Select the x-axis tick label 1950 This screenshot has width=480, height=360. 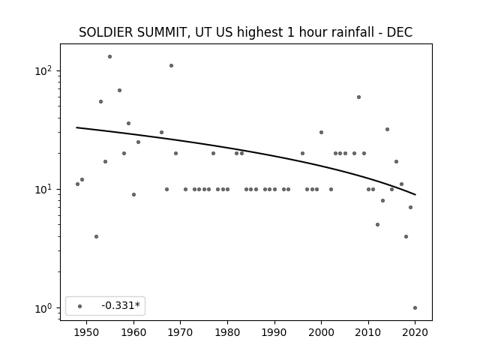tap(87, 332)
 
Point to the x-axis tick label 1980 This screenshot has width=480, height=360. tap(227, 332)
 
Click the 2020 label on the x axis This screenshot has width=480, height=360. tap(415, 332)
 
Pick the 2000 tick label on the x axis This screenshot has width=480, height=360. tap(321, 332)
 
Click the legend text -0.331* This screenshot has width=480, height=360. tap(121, 305)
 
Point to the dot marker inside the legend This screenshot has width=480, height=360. tap(80, 306)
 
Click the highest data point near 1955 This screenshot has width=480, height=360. tap(110, 57)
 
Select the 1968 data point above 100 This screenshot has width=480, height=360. tap(172, 65)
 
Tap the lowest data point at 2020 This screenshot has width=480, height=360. tap(415, 308)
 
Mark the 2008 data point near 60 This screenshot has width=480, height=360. tap(358, 97)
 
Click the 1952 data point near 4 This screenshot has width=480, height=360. tap(96, 237)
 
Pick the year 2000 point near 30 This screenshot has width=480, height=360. tap(321, 132)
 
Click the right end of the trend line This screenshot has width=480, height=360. tap(415, 195)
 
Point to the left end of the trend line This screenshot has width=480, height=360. tap(76, 127)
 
